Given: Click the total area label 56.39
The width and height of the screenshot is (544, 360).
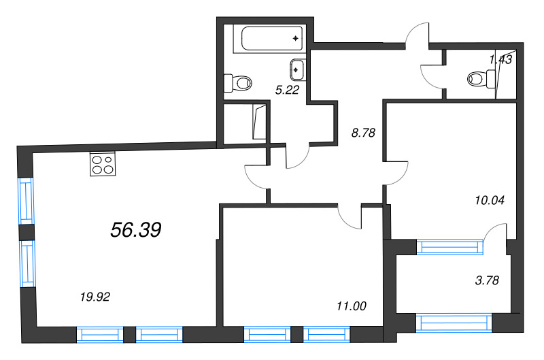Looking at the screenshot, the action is [x=136, y=230].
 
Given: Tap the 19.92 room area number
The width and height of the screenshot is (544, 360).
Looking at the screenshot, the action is [x=95, y=297].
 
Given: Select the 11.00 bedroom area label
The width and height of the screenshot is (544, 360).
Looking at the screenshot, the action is [x=352, y=306].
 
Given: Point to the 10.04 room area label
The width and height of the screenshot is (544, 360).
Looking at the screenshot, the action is [x=490, y=200].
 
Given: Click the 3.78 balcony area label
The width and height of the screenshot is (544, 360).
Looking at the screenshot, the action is [x=487, y=280].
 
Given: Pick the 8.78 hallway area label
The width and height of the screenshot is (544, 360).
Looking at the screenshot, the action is [x=363, y=133].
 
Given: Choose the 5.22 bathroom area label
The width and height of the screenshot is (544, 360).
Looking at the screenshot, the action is [x=287, y=90].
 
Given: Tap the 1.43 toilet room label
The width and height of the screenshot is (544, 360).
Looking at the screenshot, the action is [x=500, y=60].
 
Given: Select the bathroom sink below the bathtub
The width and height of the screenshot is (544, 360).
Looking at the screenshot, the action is [x=296, y=69].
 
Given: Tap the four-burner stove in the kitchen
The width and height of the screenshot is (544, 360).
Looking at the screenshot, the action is [x=103, y=164].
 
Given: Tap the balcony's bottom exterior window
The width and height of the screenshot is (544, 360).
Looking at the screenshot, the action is [x=454, y=323].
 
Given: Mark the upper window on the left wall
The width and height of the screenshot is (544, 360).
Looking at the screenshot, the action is [x=27, y=201].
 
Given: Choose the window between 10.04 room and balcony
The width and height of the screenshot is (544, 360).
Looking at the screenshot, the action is [x=449, y=247].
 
